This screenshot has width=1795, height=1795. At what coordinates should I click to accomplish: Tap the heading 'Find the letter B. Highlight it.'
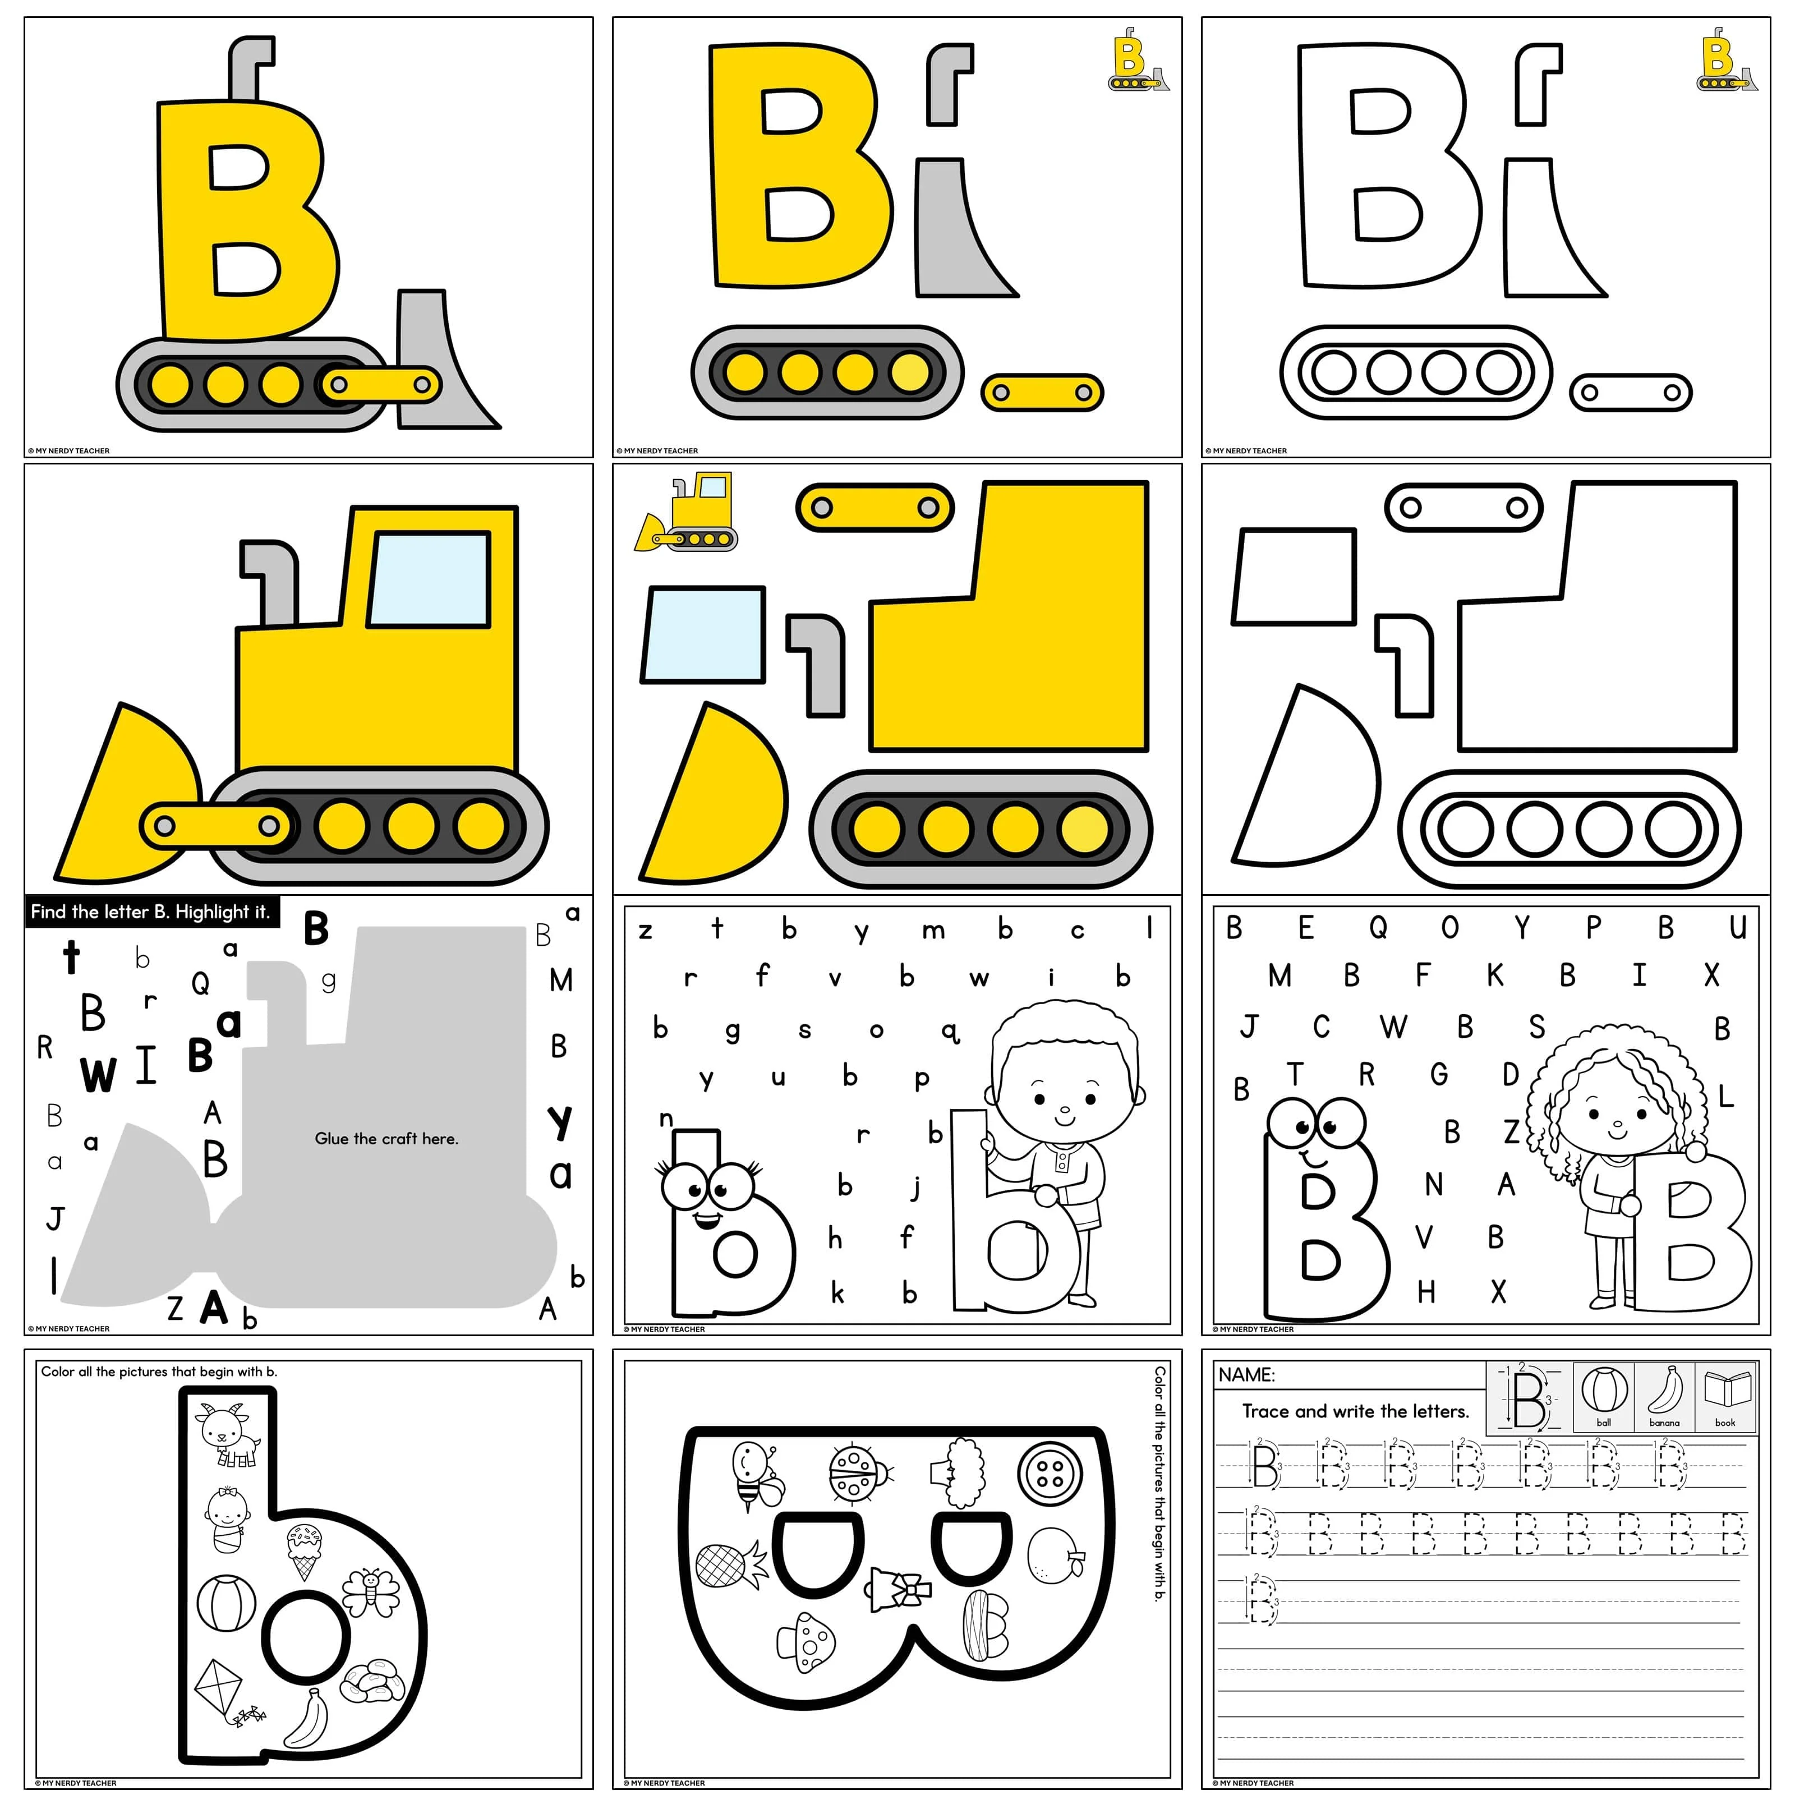click(x=150, y=913)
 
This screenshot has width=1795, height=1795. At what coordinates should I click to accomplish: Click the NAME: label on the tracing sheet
click(x=1247, y=1374)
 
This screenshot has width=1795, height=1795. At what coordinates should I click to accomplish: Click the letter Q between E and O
click(x=1378, y=927)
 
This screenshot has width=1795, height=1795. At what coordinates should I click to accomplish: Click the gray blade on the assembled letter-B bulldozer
click(x=444, y=358)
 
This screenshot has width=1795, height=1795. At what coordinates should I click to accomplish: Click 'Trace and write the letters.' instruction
click(x=1356, y=1411)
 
